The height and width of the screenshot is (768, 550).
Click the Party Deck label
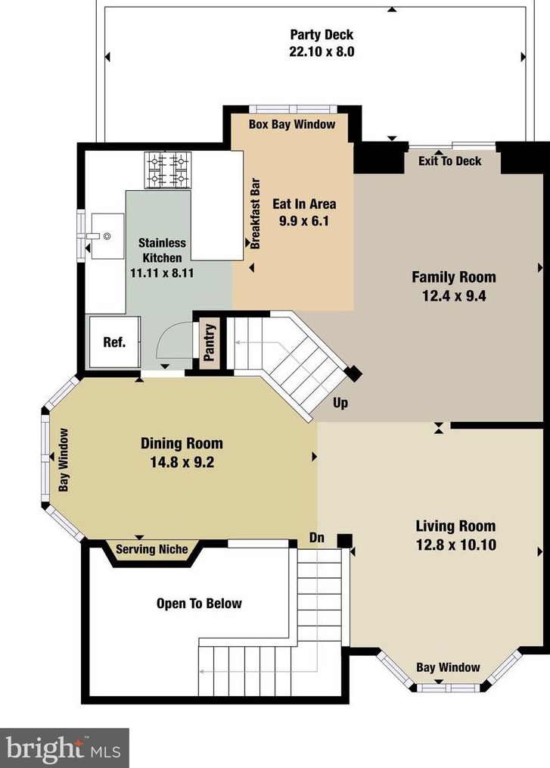point(322,35)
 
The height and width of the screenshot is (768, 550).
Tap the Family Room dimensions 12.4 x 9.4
point(454,296)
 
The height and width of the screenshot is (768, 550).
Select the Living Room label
point(455,526)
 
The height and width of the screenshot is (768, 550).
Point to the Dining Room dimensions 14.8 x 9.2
point(182,462)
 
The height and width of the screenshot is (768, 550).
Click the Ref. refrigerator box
point(114,342)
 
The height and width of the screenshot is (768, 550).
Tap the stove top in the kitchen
point(168,170)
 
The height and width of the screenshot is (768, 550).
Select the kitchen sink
point(107,236)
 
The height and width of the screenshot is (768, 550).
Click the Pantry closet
point(210,342)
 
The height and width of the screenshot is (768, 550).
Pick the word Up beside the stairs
point(340,403)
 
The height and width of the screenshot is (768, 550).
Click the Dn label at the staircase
point(316,537)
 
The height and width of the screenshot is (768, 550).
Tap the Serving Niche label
point(152,549)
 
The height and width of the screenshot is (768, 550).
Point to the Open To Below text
point(199,604)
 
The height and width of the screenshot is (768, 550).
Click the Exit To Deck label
point(449,161)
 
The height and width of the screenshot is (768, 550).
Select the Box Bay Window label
point(292,124)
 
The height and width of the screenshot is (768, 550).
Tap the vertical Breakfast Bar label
point(256,214)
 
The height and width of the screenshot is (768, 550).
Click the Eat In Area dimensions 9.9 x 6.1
point(304,221)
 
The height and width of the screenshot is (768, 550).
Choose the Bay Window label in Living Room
point(448,667)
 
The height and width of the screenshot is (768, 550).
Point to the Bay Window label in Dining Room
point(64,460)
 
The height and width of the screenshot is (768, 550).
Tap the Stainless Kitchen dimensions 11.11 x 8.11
point(162,273)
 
